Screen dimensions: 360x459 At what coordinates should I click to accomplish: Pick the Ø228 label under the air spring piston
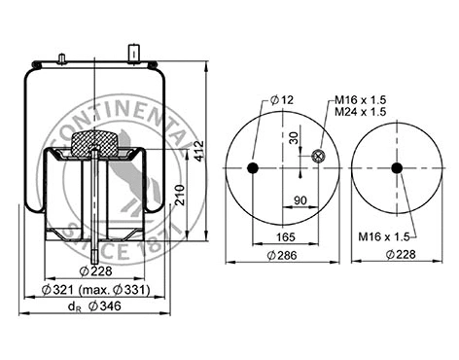tap(93, 270)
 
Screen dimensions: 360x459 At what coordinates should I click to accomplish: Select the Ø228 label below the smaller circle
tap(400, 256)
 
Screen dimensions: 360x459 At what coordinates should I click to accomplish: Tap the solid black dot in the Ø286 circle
tap(253, 169)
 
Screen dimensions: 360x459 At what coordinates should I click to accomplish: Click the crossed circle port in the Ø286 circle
tap(317, 157)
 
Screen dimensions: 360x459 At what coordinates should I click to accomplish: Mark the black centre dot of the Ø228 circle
tap(397, 168)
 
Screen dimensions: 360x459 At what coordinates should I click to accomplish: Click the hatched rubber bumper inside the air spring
tap(93, 144)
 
